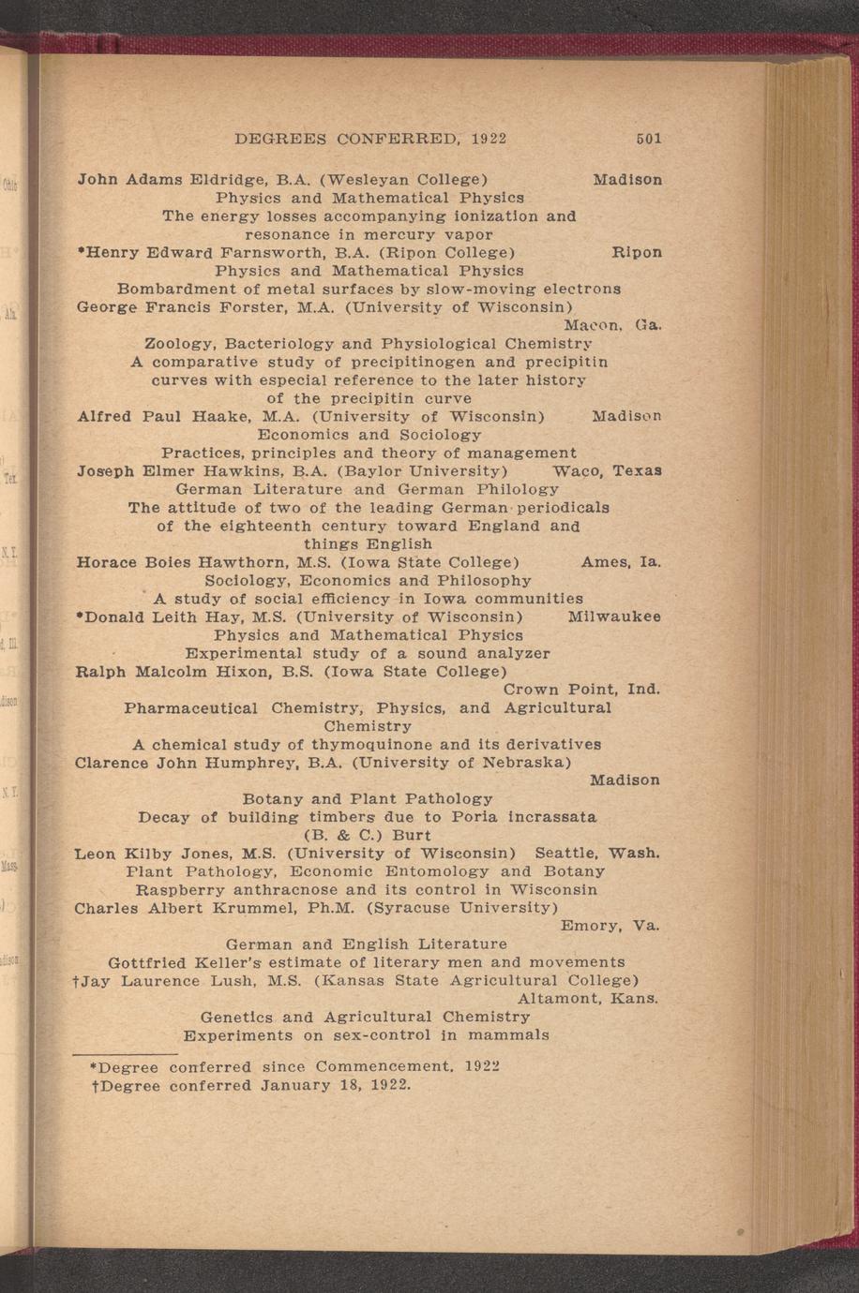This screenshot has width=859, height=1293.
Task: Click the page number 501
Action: (x=648, y=139)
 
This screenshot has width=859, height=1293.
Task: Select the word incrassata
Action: (x=551, y=817)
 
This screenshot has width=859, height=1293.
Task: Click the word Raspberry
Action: (x=180, y=890)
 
